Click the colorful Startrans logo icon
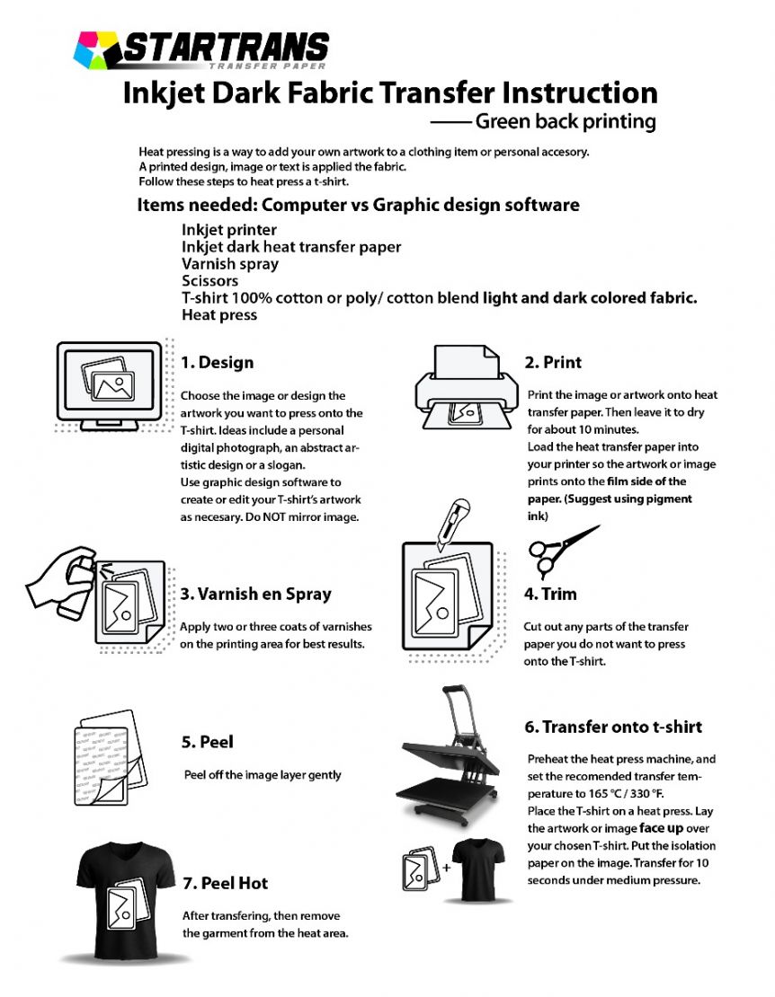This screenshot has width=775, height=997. (95, 49)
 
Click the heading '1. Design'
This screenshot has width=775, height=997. (217, 363)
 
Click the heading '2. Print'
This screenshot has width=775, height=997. (552, 362)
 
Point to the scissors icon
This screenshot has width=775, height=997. (558, 549)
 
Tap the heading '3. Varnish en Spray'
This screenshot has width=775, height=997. (255, 594)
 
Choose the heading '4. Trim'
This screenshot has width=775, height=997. (549, 594)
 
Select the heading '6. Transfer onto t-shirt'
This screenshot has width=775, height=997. (613, 727)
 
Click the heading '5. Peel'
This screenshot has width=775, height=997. (208, 742)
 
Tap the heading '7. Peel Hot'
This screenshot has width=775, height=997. (225, 884)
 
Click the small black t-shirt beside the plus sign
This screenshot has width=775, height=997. (480, 870)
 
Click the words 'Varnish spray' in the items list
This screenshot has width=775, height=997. (230, 264)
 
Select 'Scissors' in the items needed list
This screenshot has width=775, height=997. (209, 281)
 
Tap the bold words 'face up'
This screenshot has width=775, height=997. (663, 827)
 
